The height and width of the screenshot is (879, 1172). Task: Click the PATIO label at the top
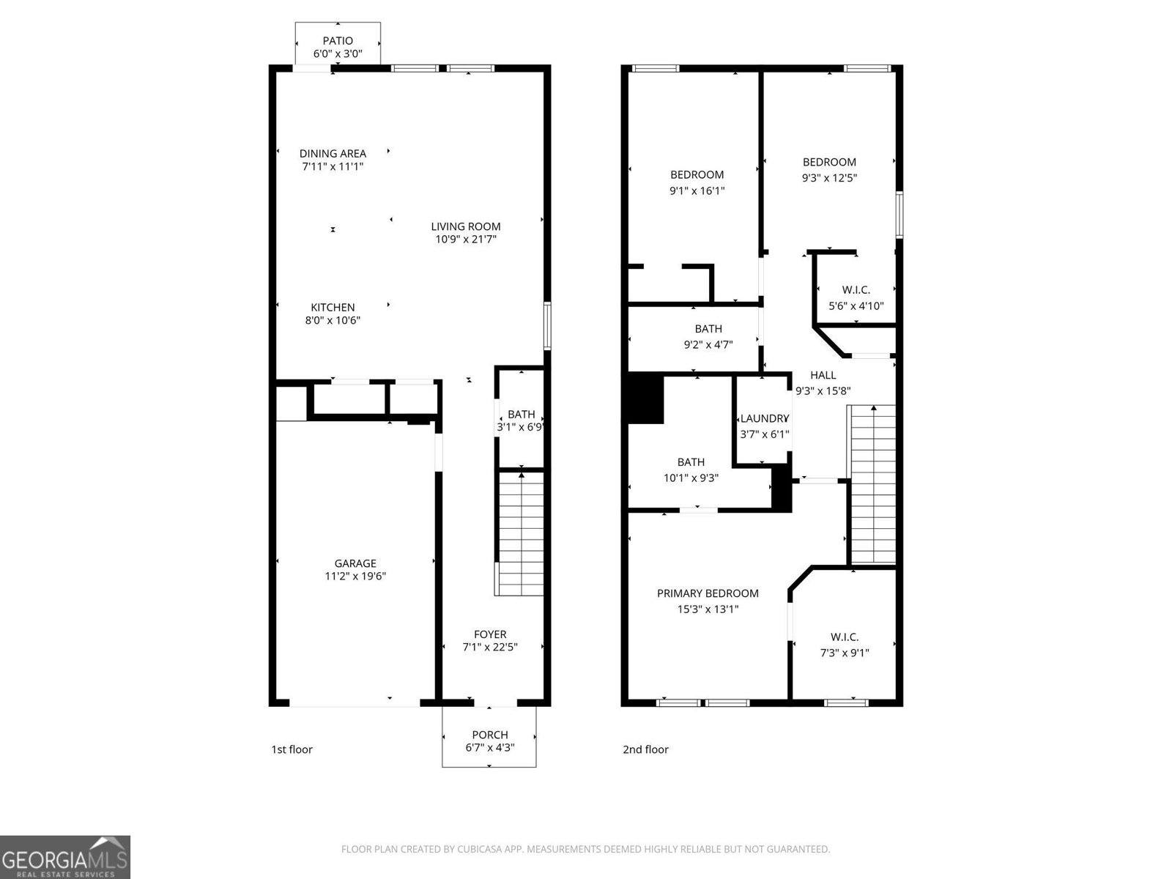click(x=338, y=41)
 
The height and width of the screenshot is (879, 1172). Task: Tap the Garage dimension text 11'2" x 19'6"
click(x=355, y=576)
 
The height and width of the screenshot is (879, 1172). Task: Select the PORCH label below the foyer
click(x=489, y=735)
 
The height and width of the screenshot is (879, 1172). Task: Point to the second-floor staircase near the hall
click(x=872, y=483)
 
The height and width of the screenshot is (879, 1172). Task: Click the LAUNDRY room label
click(x=763, y=418)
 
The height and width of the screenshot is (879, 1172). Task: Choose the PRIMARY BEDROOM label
click(x=707, y=593)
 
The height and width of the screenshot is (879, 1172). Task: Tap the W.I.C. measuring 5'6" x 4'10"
click(x=856, y=290)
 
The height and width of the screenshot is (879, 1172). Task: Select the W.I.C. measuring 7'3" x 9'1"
click(x=845, y=637)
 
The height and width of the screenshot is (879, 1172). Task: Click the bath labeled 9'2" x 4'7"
click(x=708, y=329)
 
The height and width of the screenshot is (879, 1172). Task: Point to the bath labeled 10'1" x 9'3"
click(x=691, y=462)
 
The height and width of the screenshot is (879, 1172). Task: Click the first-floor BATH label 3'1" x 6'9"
click(x=521, y=415)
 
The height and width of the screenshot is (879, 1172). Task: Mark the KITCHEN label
click(x=333, y=308)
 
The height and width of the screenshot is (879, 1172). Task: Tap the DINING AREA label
click(x=333, y=153)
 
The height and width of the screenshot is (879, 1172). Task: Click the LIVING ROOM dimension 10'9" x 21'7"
click(x=466, y=239)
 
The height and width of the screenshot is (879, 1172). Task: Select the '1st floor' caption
click(x=292, y=749)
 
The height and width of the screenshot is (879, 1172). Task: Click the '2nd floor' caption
click(x=645, y=749)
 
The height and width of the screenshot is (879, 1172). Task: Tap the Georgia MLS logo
click(x=64, y=857)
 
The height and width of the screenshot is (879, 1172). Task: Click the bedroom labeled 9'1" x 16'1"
click(x=697, y=175)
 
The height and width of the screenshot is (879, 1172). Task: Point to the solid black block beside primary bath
click(x=645, y=398)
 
